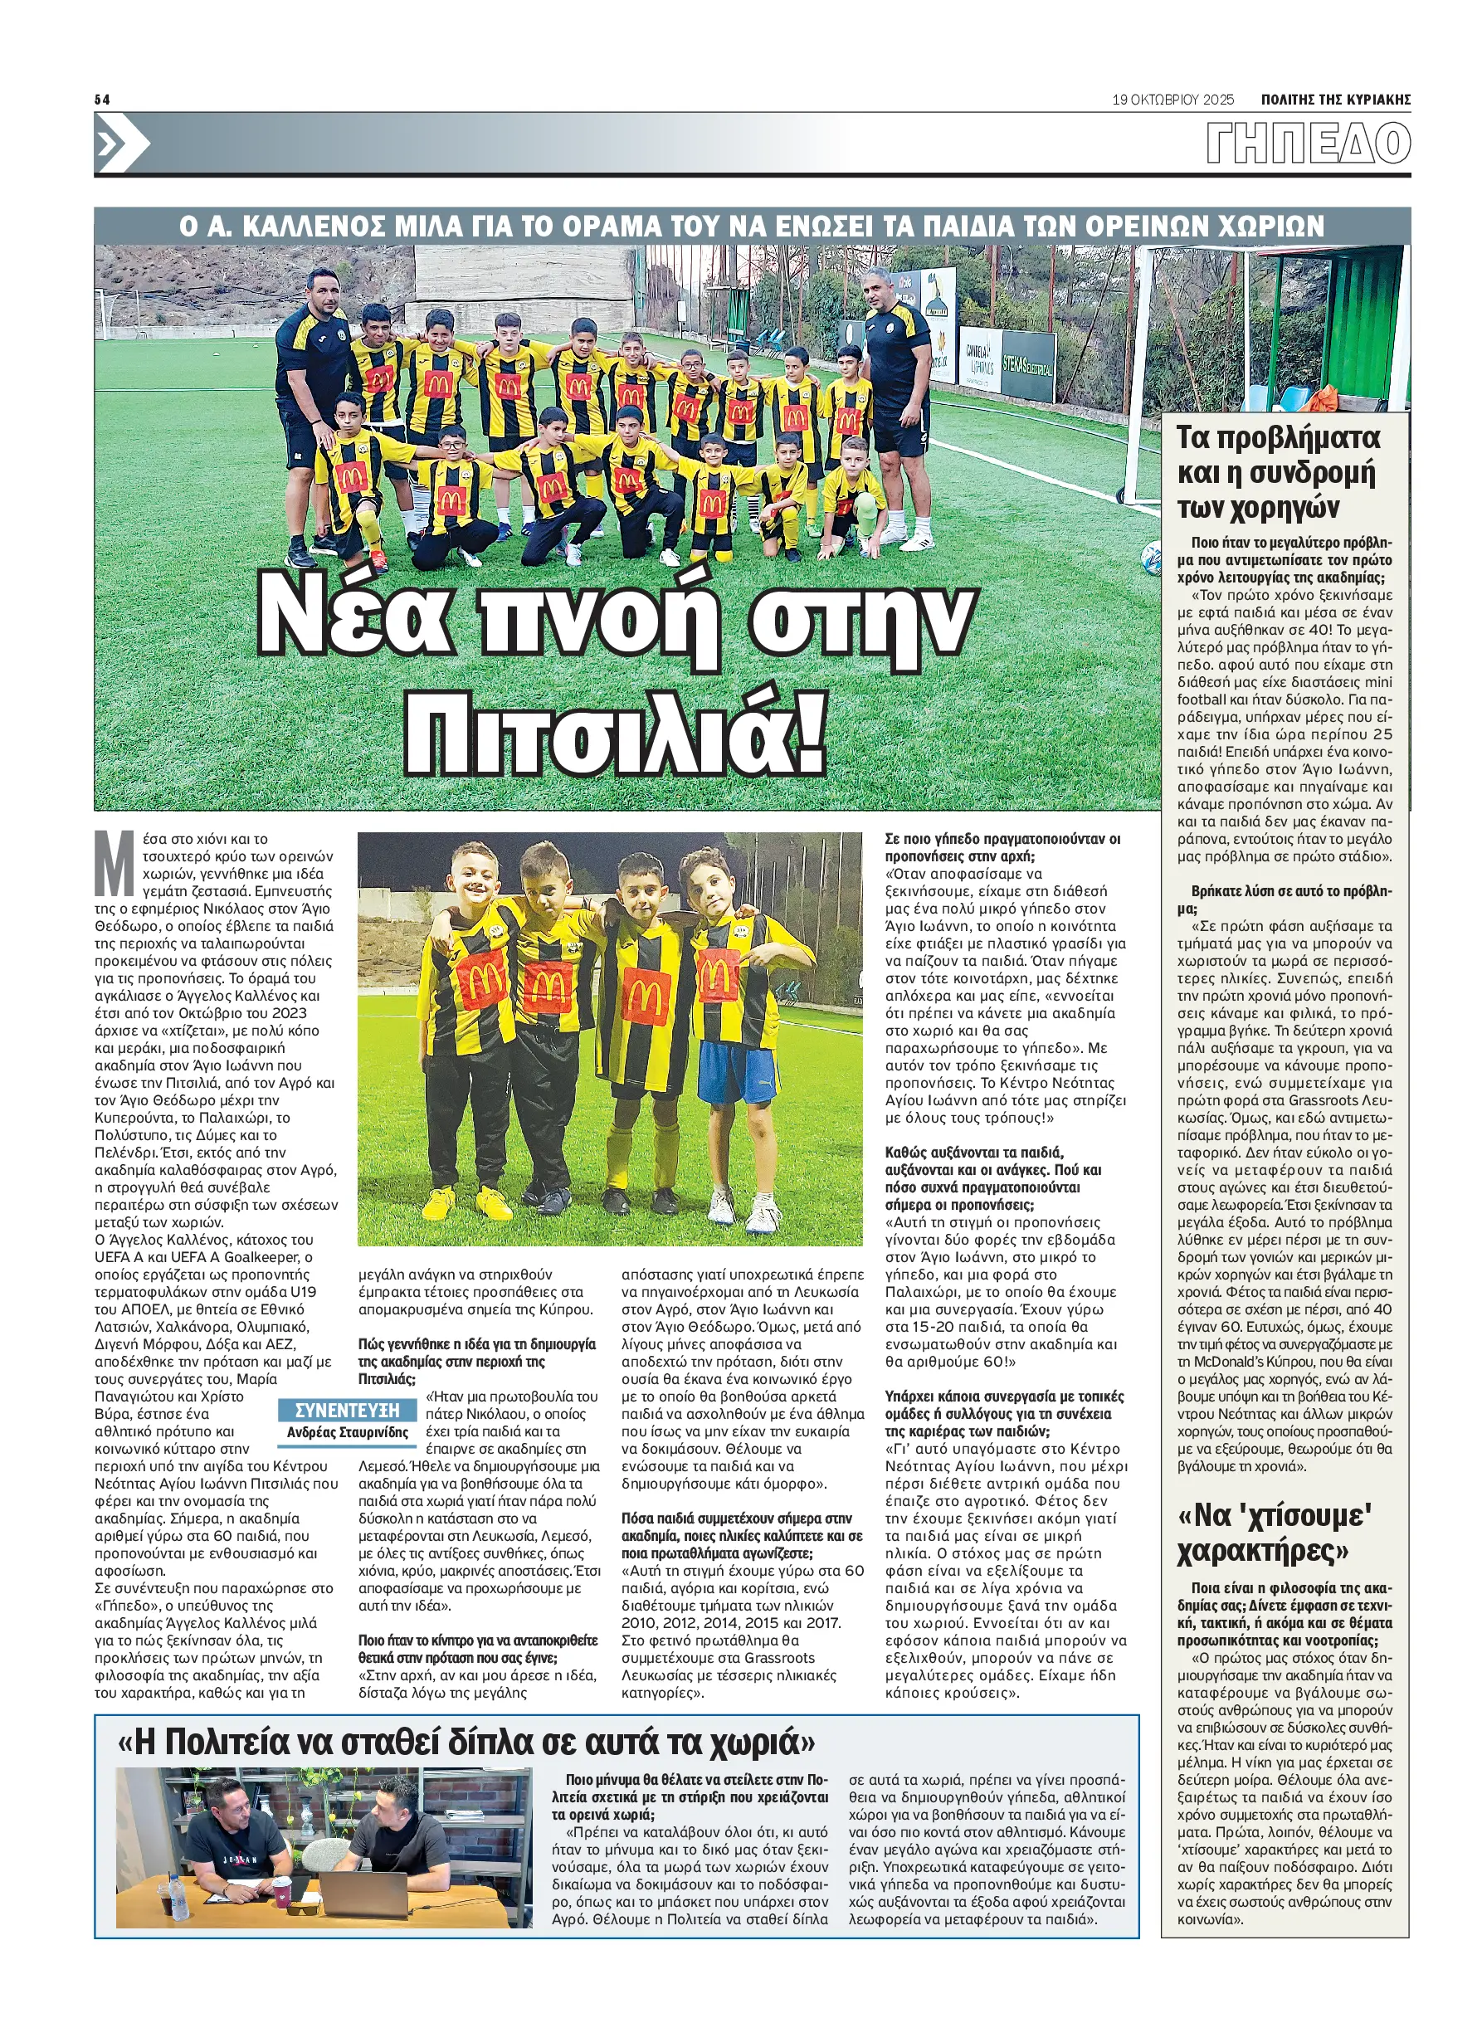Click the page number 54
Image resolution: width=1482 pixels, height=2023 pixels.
tap(101, 100)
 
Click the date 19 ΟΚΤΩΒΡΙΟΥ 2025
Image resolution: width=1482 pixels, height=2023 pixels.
tap(1172, 100)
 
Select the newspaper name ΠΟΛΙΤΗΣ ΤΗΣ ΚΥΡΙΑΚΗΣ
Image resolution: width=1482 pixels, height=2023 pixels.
tap(1335, 100)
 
